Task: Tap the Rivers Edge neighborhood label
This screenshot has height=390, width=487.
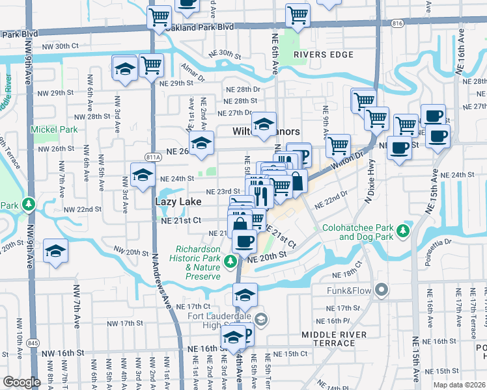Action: pos(323,55)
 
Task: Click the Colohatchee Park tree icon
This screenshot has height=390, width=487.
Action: pos(403,231)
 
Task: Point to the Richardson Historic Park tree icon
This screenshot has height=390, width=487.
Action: pos(229,261)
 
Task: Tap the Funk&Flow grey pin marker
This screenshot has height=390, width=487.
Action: pos(381,289)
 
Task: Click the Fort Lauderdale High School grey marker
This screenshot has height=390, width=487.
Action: pos(261,318)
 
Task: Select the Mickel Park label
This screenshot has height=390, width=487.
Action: pos(54,129)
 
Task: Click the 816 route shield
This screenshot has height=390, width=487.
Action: pos(396,23)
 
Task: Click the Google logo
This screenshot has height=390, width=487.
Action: pos(21,382)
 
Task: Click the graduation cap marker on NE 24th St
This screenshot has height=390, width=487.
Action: pos(143,174)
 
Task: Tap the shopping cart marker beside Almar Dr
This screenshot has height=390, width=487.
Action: pos(151,64)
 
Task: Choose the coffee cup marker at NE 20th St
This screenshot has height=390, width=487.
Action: pos(245,241)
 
